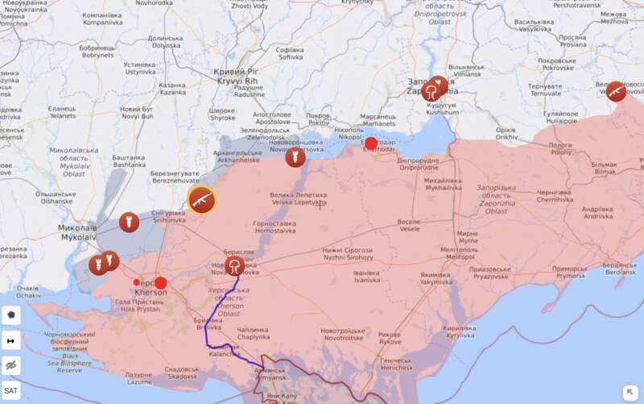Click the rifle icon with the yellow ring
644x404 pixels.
201,200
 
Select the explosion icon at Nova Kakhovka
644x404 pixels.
234,266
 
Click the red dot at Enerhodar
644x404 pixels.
370,144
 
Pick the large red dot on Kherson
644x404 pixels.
160,283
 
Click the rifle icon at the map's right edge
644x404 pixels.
616,91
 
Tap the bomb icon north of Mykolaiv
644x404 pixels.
128,222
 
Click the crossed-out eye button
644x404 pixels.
11,365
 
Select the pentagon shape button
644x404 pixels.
11,315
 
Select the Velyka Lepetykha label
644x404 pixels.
298,199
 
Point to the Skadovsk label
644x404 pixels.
180,373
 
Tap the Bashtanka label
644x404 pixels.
129,160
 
